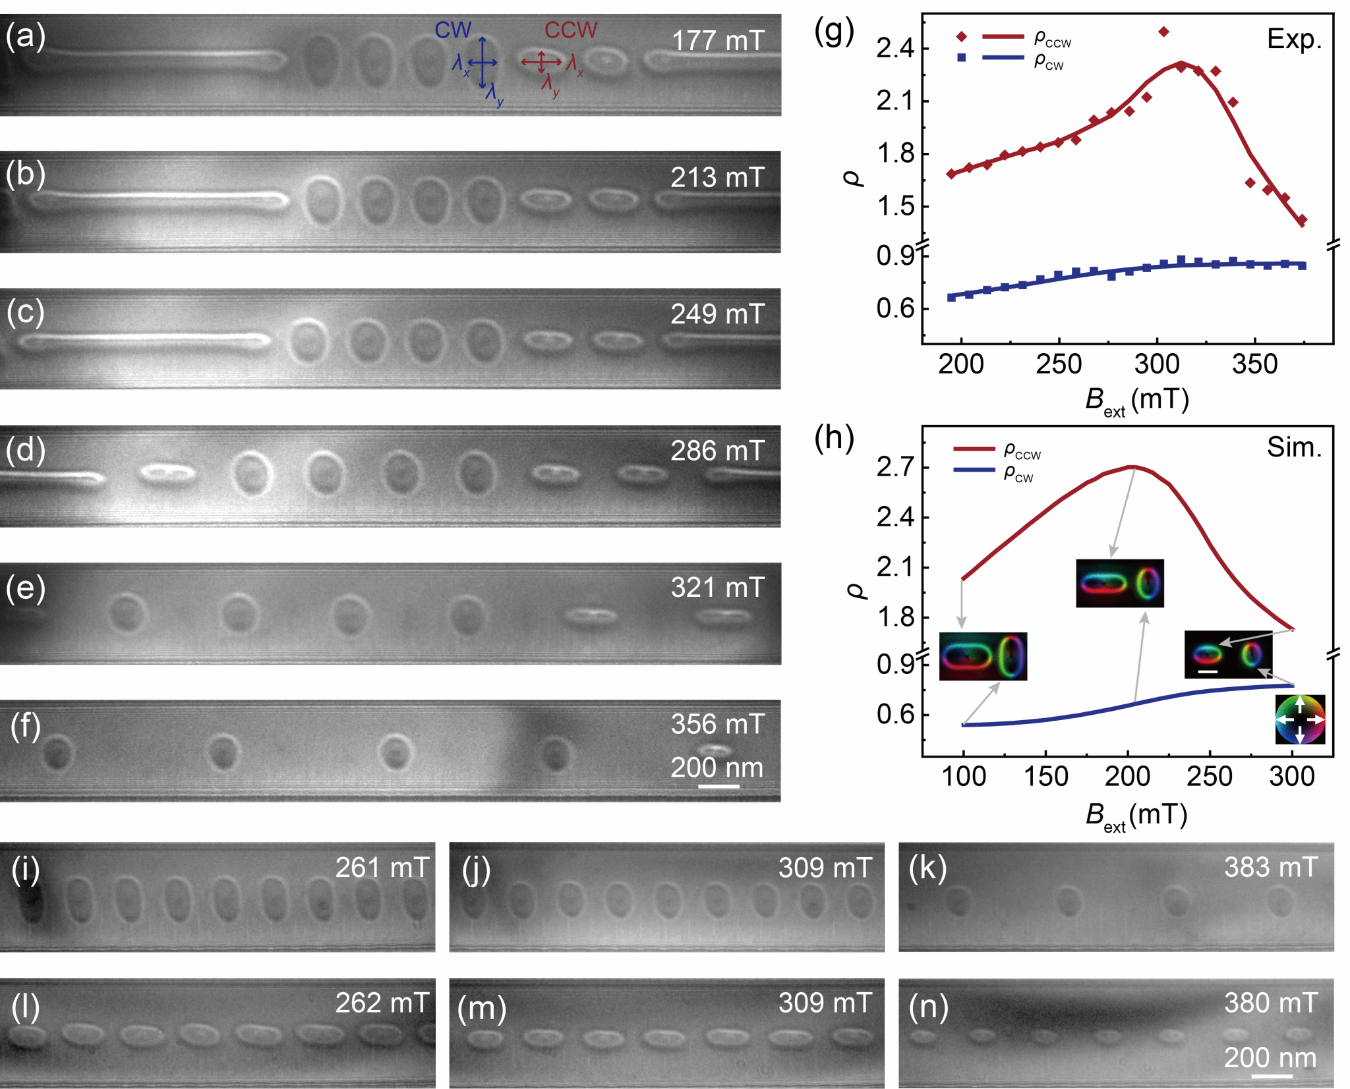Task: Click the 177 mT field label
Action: [718, 41]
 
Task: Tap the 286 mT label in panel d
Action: [718, 451]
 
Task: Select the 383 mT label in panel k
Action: [1272, 868]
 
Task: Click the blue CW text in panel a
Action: [453, 30]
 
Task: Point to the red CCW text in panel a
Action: [571, 30]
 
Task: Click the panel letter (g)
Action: [834, 31]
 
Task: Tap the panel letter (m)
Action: [482, 1009]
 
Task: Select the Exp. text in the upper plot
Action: [1295, 40]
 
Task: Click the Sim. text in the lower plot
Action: [1295, 447]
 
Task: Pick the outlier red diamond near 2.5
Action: [1163, 32]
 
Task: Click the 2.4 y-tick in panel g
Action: [895, 48]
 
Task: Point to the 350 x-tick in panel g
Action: [1254, 364]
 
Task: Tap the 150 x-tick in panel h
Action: [1045, 777]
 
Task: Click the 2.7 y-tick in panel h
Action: [895, 467]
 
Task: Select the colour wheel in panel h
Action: [1300, 720]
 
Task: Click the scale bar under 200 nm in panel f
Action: [719, 786]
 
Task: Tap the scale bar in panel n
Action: [1272, 1076]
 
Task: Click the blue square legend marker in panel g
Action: [962, 58]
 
